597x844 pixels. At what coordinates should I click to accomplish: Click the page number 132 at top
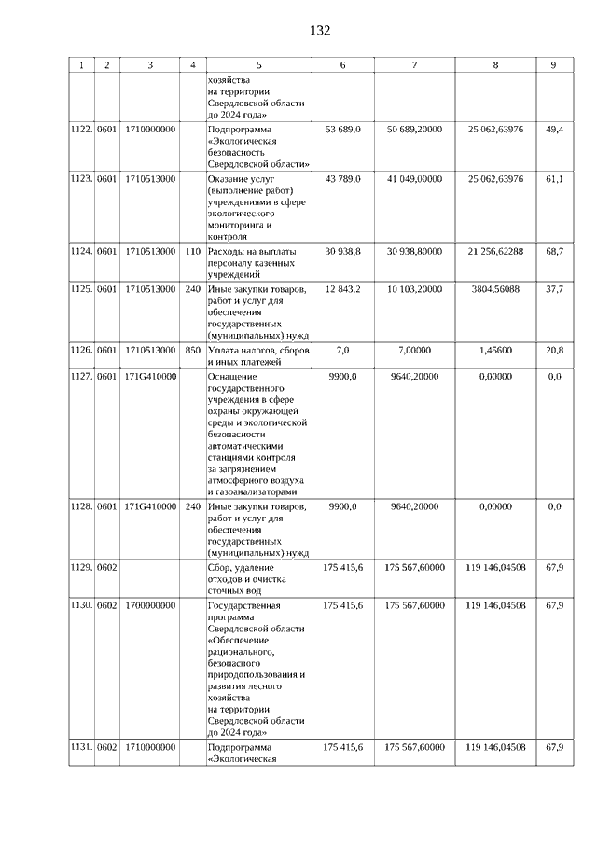click(x=320, y=31)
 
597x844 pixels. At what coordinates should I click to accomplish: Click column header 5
click(x=258, y=65)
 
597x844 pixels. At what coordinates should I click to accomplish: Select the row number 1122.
click(x=81, y=129)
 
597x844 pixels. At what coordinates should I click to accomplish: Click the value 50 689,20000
click(x=414, y=129)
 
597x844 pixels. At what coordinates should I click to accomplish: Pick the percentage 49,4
click(x=554, y=129)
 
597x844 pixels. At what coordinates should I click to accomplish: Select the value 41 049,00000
click(x=414, y=178)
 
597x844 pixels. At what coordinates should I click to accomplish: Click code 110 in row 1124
click(x=193, y=251)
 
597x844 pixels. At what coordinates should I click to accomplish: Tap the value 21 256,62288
click(x=495, y=251)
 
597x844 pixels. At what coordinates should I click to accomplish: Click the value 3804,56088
click(x=495, y=289)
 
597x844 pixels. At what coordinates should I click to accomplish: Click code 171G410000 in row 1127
click(x=150, y=376)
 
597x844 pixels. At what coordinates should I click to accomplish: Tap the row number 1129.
click(x=81, y=567)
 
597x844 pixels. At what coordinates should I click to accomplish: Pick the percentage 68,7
click(x=554, y=251)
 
